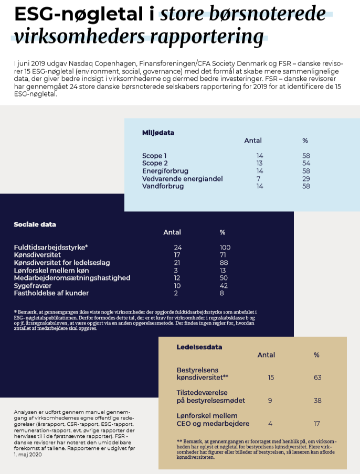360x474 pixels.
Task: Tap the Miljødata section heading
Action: tap(158, 133)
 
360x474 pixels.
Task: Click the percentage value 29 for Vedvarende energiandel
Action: tap(305, 178)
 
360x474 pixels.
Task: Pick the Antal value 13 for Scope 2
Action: tap(259, 163)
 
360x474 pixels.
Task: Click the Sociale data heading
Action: tap(35, 224)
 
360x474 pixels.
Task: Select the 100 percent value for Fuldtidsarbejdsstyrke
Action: tap(225, 247)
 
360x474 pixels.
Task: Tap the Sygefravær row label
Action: tap(31, 285)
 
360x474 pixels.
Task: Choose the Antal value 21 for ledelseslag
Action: tap(177, 262)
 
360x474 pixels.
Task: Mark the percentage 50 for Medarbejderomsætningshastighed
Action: tap(224, 277)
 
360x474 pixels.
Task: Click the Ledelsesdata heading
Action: tap(199, 347)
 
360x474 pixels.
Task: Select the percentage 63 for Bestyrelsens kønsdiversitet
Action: tap(316, 377)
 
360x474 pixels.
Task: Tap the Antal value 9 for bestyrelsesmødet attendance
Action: tap(270, 401)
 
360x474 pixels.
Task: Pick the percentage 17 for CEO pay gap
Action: tap(316, 424)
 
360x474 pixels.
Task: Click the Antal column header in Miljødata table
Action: tap(253, 141)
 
